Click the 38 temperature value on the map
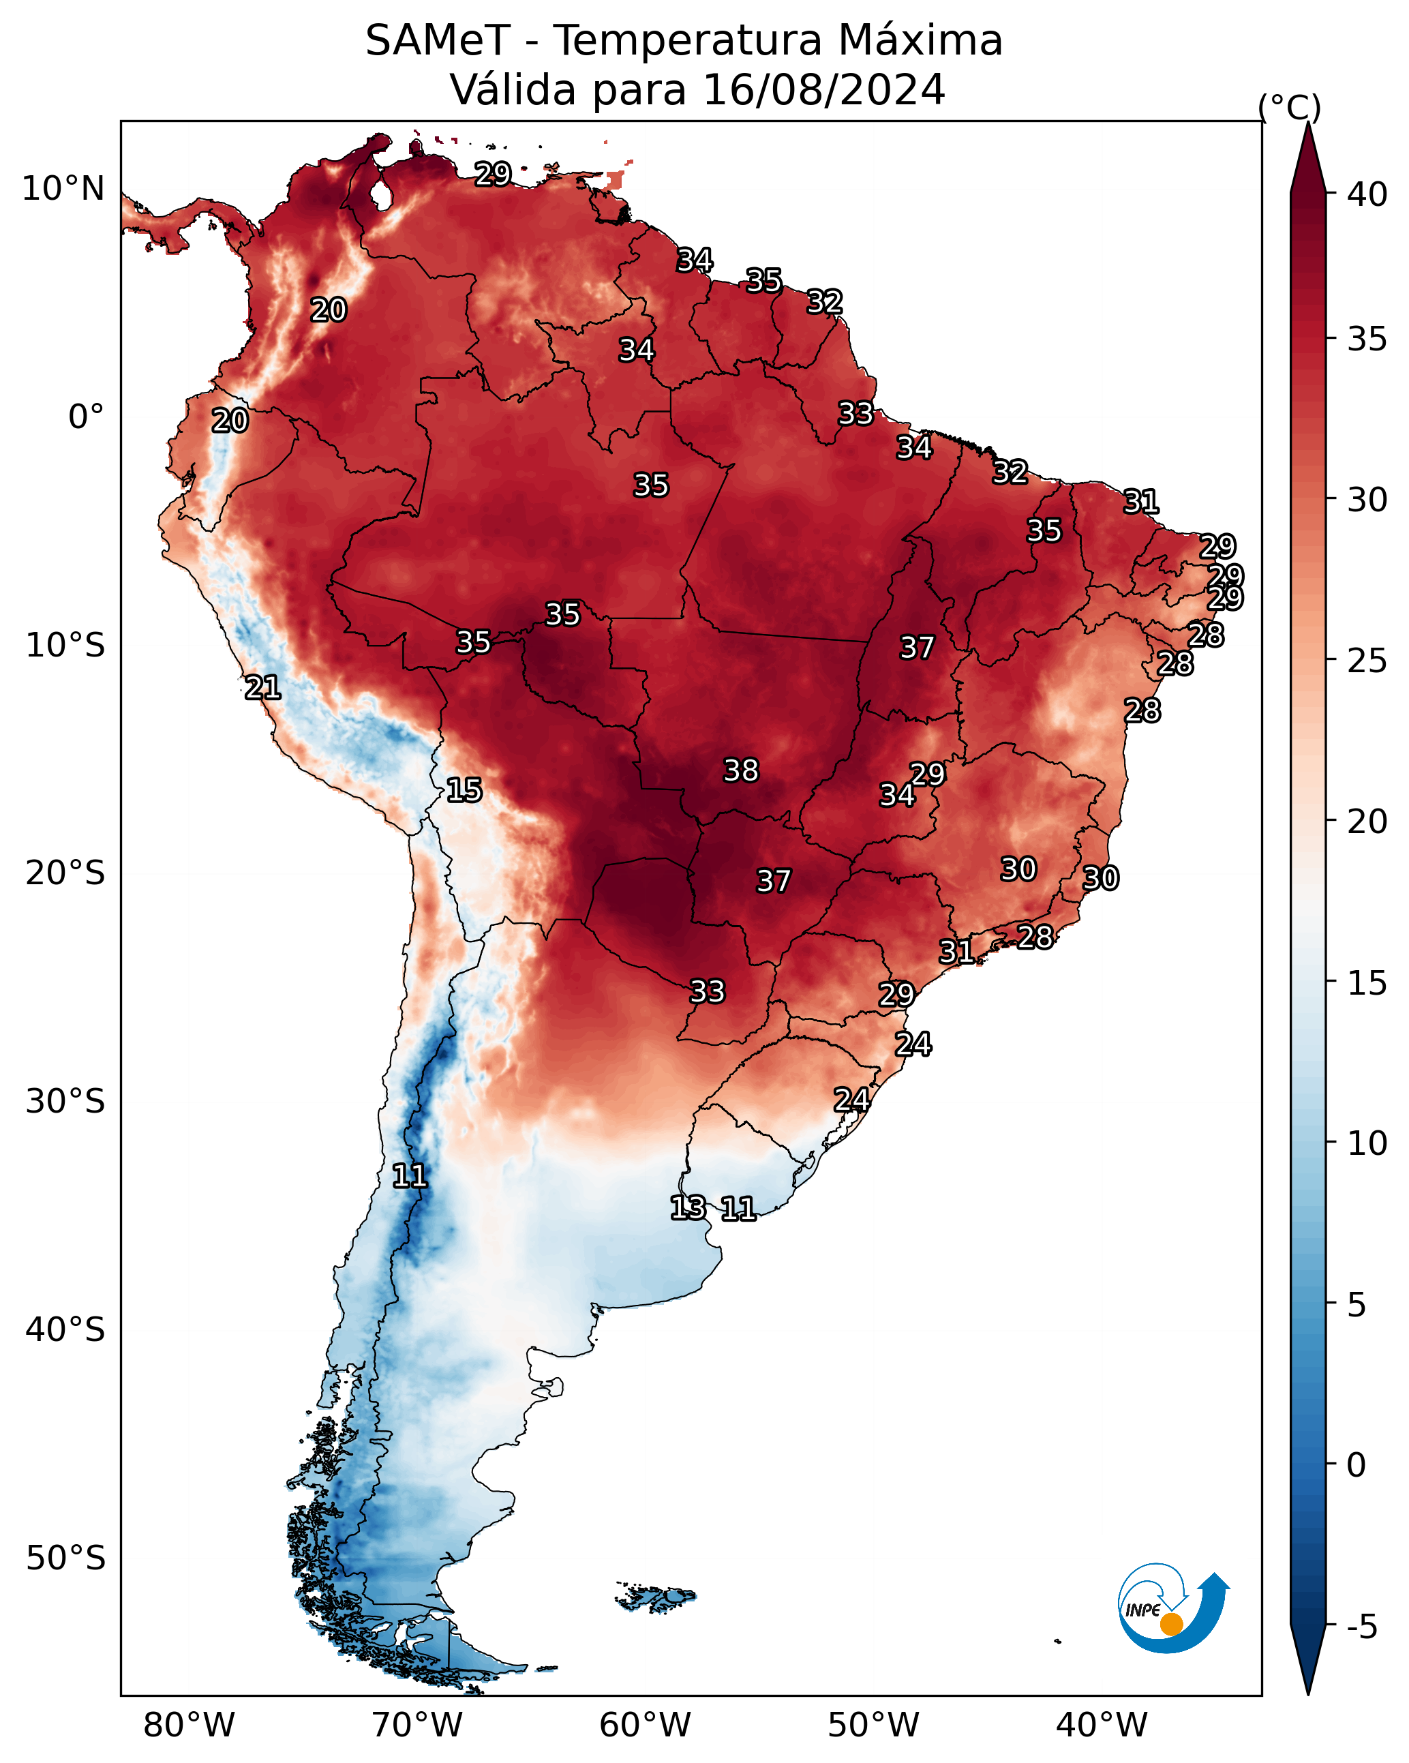click(x=742, y=770)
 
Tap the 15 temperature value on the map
click(x=464, y=790)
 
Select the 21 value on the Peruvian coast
click(x=262, y=688)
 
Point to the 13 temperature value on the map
click(x=688, y=1208)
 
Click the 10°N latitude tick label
click(x=63, y=189)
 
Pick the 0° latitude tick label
click(x=87, y=417)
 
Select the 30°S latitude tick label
click(x=65, y=1102)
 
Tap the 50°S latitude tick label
click(x=65, y=1558)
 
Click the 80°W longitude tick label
click(x=189, y=1726)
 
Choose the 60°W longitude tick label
click(x=646, y=1726)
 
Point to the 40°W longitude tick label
click(x=1102, y=1726)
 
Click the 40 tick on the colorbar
click(x=1367, y=194)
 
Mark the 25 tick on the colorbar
click(x=1367, y=661)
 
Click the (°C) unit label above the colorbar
click(x=1290, y=107)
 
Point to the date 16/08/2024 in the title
click(x=824, y=90)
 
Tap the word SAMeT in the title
click(x=438, y=41)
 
